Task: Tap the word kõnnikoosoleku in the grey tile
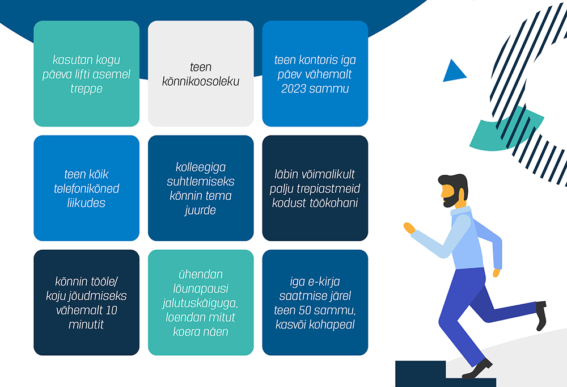(x=201, y=82)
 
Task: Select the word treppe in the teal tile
(x=86, y=89)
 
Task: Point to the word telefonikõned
(x=86, y=188)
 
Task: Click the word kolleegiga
(x=201, y=167)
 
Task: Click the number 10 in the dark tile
(x=111, y=310)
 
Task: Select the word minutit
(x=86, y=325)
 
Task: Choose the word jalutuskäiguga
(x=200, y=304)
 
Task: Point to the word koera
(x=185, y=331)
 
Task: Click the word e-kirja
(x=324, y=281)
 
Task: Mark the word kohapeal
(x=335, y=325)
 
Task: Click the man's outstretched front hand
(x=409, y=228)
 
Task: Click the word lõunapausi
(x=201, y=289)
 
